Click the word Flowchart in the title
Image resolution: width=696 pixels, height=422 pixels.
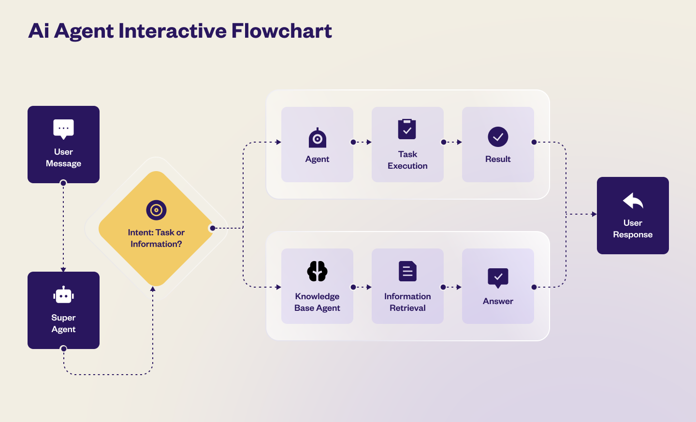281,31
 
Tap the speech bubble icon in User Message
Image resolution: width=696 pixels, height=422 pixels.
63,129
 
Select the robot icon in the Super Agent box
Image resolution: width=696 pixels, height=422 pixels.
63,295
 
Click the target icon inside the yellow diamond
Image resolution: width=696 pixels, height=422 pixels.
156,210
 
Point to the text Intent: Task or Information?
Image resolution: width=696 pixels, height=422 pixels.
156,238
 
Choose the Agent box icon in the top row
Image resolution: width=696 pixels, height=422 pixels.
317,138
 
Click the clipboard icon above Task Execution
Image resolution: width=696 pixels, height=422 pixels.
407,129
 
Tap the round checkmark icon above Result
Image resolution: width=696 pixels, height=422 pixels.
498,137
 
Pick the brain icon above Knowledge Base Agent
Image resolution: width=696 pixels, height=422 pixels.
317,271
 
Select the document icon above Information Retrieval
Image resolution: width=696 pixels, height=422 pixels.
407,271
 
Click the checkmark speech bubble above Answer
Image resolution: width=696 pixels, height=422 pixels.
498,278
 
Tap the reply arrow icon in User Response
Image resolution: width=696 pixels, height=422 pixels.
633,201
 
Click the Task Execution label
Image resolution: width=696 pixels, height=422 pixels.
407,160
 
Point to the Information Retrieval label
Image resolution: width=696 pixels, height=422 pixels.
407,302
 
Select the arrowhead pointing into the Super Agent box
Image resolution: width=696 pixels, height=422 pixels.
63,269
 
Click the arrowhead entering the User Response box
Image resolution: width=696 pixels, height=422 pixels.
594,214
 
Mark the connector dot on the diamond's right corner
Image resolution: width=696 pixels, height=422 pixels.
213,228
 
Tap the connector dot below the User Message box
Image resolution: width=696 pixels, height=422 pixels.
63,183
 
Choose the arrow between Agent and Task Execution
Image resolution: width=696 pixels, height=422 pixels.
362,142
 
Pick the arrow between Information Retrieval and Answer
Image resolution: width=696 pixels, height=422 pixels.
453,287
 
